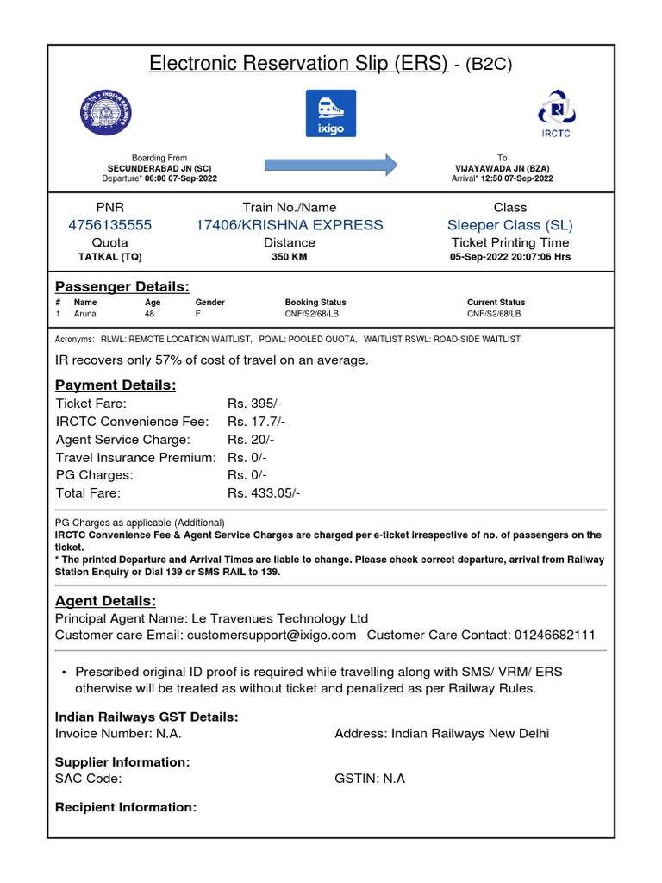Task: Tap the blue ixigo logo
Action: pyautogui.click(x=331, y=112)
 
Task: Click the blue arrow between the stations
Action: pyautogui.click(x=330, y=164)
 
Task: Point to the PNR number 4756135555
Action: pyautogui.click(x=109, y=225)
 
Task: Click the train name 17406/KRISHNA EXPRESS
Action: pyautogui.click(x=290, y=225)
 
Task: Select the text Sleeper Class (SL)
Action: pyautogui.click(x=509, y=225)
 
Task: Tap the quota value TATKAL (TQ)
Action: pyautogui.click(x=109, y=257)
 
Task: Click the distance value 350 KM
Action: pyautogui.click(x=290, y=257)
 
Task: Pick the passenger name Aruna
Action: pyautogui.click(x=85, y=315)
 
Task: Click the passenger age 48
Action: pyautogui.click(x=149, y=315)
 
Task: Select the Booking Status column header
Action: pyautogui.click(x=315, y=303)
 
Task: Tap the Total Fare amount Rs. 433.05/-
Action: pyautogui.click(x=264, y=493)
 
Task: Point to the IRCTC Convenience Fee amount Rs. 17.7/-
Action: pyautogui.click(x=257, y=422)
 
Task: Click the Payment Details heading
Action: pyautogui.click(x=116, y=385)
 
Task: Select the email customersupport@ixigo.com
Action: pyautogui.click(x=278, y=635)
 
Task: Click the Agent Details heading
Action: pyautogui.click(x=105, y=601)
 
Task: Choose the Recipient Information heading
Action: pyautogui.click(x=126, y=808)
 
